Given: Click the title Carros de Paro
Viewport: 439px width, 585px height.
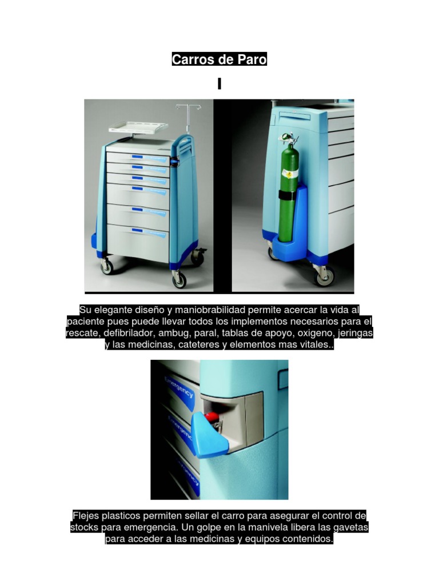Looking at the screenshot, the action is pos(219,59).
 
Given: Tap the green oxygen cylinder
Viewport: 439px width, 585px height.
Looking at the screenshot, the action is pos(289,190).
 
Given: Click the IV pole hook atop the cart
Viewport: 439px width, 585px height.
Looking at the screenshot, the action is pos(189,107).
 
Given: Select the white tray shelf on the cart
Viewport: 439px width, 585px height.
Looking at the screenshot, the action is pos(138,127).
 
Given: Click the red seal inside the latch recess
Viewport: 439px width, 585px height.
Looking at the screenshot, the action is pos(211,416).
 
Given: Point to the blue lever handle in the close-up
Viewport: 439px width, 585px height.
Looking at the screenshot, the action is pos(209,436).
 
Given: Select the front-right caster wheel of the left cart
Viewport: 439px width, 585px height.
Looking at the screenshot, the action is pos(179,279).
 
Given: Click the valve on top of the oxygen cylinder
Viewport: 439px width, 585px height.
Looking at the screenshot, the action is pos(289,139).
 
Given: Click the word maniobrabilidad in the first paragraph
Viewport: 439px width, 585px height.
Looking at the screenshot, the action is pos(210,310).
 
